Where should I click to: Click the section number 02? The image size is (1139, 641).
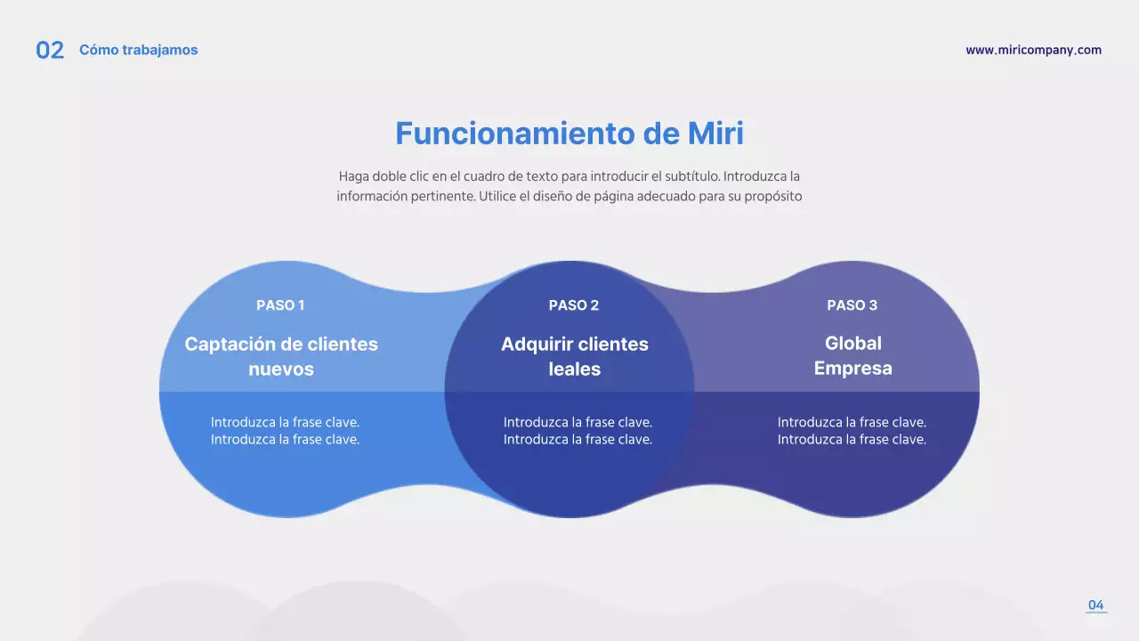click(50, 51)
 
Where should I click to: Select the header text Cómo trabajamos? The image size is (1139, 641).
click(138, 50)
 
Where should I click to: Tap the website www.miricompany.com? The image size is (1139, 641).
click(1033, 50)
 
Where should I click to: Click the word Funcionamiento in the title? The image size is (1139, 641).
click(514, 134)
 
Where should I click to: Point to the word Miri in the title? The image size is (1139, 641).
click(715, 134)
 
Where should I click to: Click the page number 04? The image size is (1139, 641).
click(1095, 605)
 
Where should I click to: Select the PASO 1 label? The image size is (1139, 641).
click(280, 305)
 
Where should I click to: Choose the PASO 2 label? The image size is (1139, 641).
click(573, 305)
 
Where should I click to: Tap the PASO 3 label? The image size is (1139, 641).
click(852, 305)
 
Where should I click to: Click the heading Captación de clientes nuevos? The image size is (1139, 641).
click(281, 356)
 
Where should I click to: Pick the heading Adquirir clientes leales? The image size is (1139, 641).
click(574, 356)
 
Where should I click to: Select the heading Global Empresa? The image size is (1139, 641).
click(852, 355)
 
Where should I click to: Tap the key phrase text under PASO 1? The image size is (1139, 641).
click(285, 431)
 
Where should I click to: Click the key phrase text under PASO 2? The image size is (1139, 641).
click(578, 431)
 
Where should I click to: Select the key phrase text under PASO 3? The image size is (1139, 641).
click(852, 431)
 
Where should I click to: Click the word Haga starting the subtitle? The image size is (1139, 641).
click(353, 176)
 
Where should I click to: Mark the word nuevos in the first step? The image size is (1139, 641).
click(281, 369)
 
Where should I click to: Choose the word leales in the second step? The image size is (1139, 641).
click(574, 369)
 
